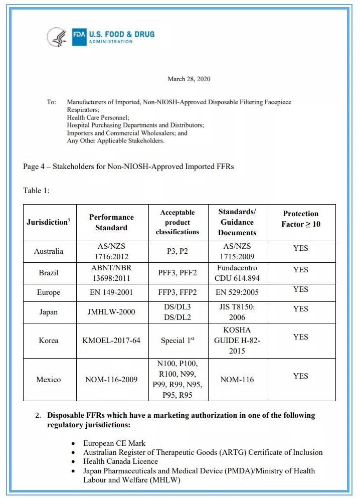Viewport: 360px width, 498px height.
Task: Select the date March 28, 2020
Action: (189, 79)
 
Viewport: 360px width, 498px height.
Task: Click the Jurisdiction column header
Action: (48, 222)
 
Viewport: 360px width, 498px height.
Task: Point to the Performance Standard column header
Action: (111, 222)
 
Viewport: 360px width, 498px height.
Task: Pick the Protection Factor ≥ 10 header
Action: (301, 219)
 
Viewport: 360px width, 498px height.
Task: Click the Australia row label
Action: (49, 251)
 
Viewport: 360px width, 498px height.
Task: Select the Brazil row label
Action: (49, 273)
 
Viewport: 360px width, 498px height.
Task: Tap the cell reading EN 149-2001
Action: (111, 292)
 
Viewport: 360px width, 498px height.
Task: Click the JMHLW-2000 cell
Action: (111, 312)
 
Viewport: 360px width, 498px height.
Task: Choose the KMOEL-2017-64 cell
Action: (111, 340)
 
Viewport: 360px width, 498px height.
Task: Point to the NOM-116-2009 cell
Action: (111, 379)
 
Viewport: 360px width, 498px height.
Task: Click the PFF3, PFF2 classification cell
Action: (177, 273)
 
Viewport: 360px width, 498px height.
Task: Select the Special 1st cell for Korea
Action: (177, 340)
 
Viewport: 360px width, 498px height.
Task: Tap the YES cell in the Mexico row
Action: (301, 376)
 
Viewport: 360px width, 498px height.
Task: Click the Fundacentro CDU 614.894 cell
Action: (237, 273)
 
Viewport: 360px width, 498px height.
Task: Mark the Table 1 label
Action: (37, 190)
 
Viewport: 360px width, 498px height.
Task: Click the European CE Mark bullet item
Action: (114, 443)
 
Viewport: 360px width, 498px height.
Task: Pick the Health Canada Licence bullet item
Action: (120, 461)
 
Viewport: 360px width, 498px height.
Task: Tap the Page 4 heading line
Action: (128, 166)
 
